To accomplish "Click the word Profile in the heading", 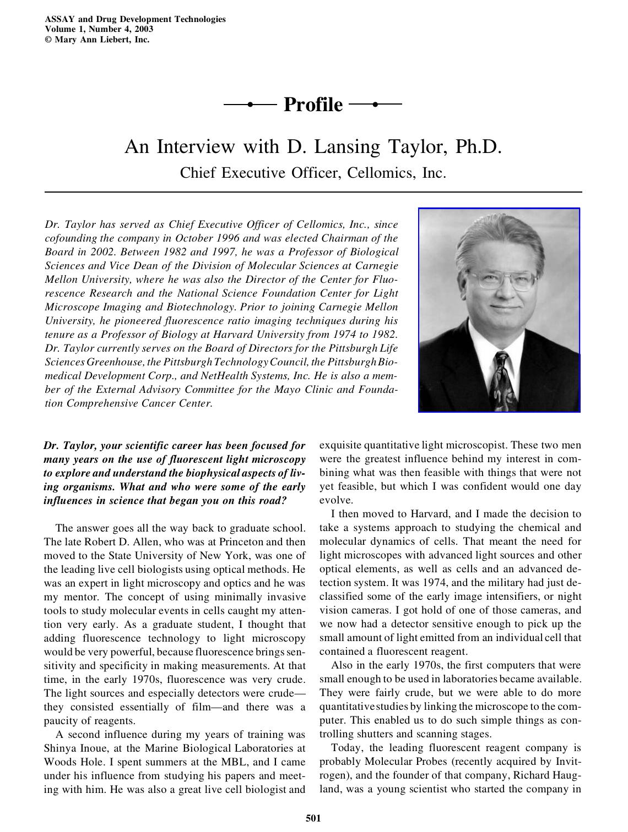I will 312,105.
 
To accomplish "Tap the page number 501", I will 313,818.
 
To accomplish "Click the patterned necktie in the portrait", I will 504,380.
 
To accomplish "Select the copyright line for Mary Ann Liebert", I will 97,39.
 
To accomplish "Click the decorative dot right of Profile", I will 376,103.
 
